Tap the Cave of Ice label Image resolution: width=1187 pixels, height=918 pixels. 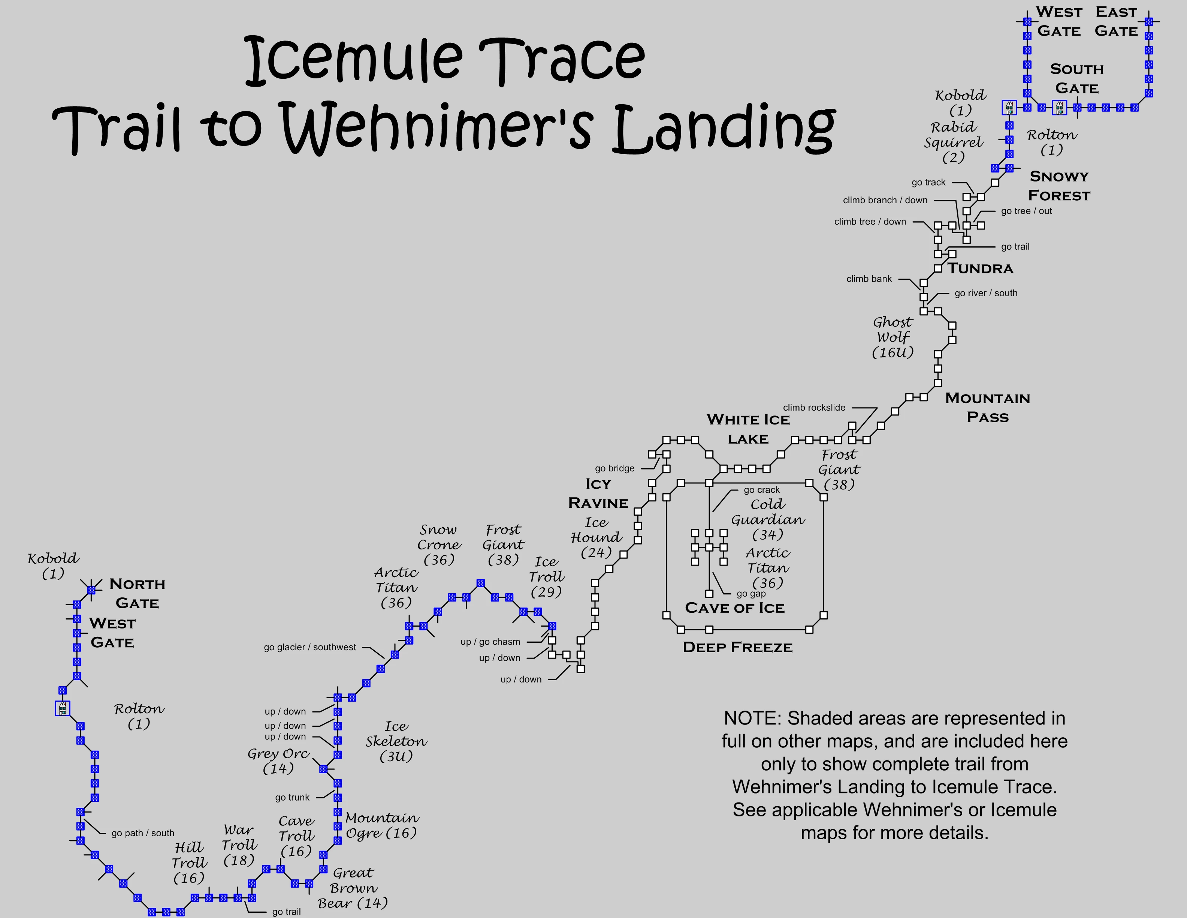coord(734,608)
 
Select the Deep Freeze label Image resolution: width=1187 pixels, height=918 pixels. coord(737,647)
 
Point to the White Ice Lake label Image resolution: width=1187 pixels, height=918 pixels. coord(748,429)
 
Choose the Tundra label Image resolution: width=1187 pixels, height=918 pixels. coord(981,268)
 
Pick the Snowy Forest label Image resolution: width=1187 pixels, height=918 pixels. coord(1059,186)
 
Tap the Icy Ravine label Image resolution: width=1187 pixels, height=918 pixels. coord(598,493)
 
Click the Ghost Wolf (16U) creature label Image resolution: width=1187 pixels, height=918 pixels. coord(892,337)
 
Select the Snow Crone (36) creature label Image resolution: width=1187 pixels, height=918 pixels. coord(439,544)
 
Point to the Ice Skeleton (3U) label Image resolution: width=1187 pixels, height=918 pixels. coord(396,741)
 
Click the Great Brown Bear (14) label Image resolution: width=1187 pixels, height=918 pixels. coord(353,888)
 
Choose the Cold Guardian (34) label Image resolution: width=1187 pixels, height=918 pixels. coord(767,519)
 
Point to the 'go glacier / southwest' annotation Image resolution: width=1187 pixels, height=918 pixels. coord(310,647)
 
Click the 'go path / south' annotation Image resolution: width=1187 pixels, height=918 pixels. coord(142,833)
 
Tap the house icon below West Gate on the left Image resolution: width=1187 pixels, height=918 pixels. coord(63,708)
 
